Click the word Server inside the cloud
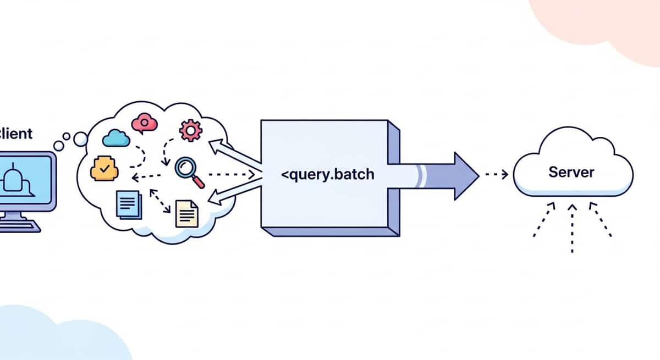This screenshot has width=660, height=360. coord(571,172)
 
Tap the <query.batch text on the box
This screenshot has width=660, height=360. coord(327,175)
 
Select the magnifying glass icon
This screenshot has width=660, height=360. coord(189,171)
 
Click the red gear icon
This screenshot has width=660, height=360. coord(191,130)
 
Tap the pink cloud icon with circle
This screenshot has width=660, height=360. coord(145,123)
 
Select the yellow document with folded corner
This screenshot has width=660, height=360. coord(186,214)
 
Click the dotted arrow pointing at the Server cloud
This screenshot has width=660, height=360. coord(496,175)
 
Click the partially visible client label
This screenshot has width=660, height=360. coord(16,133)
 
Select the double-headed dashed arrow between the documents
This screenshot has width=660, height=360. coord(159,201)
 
